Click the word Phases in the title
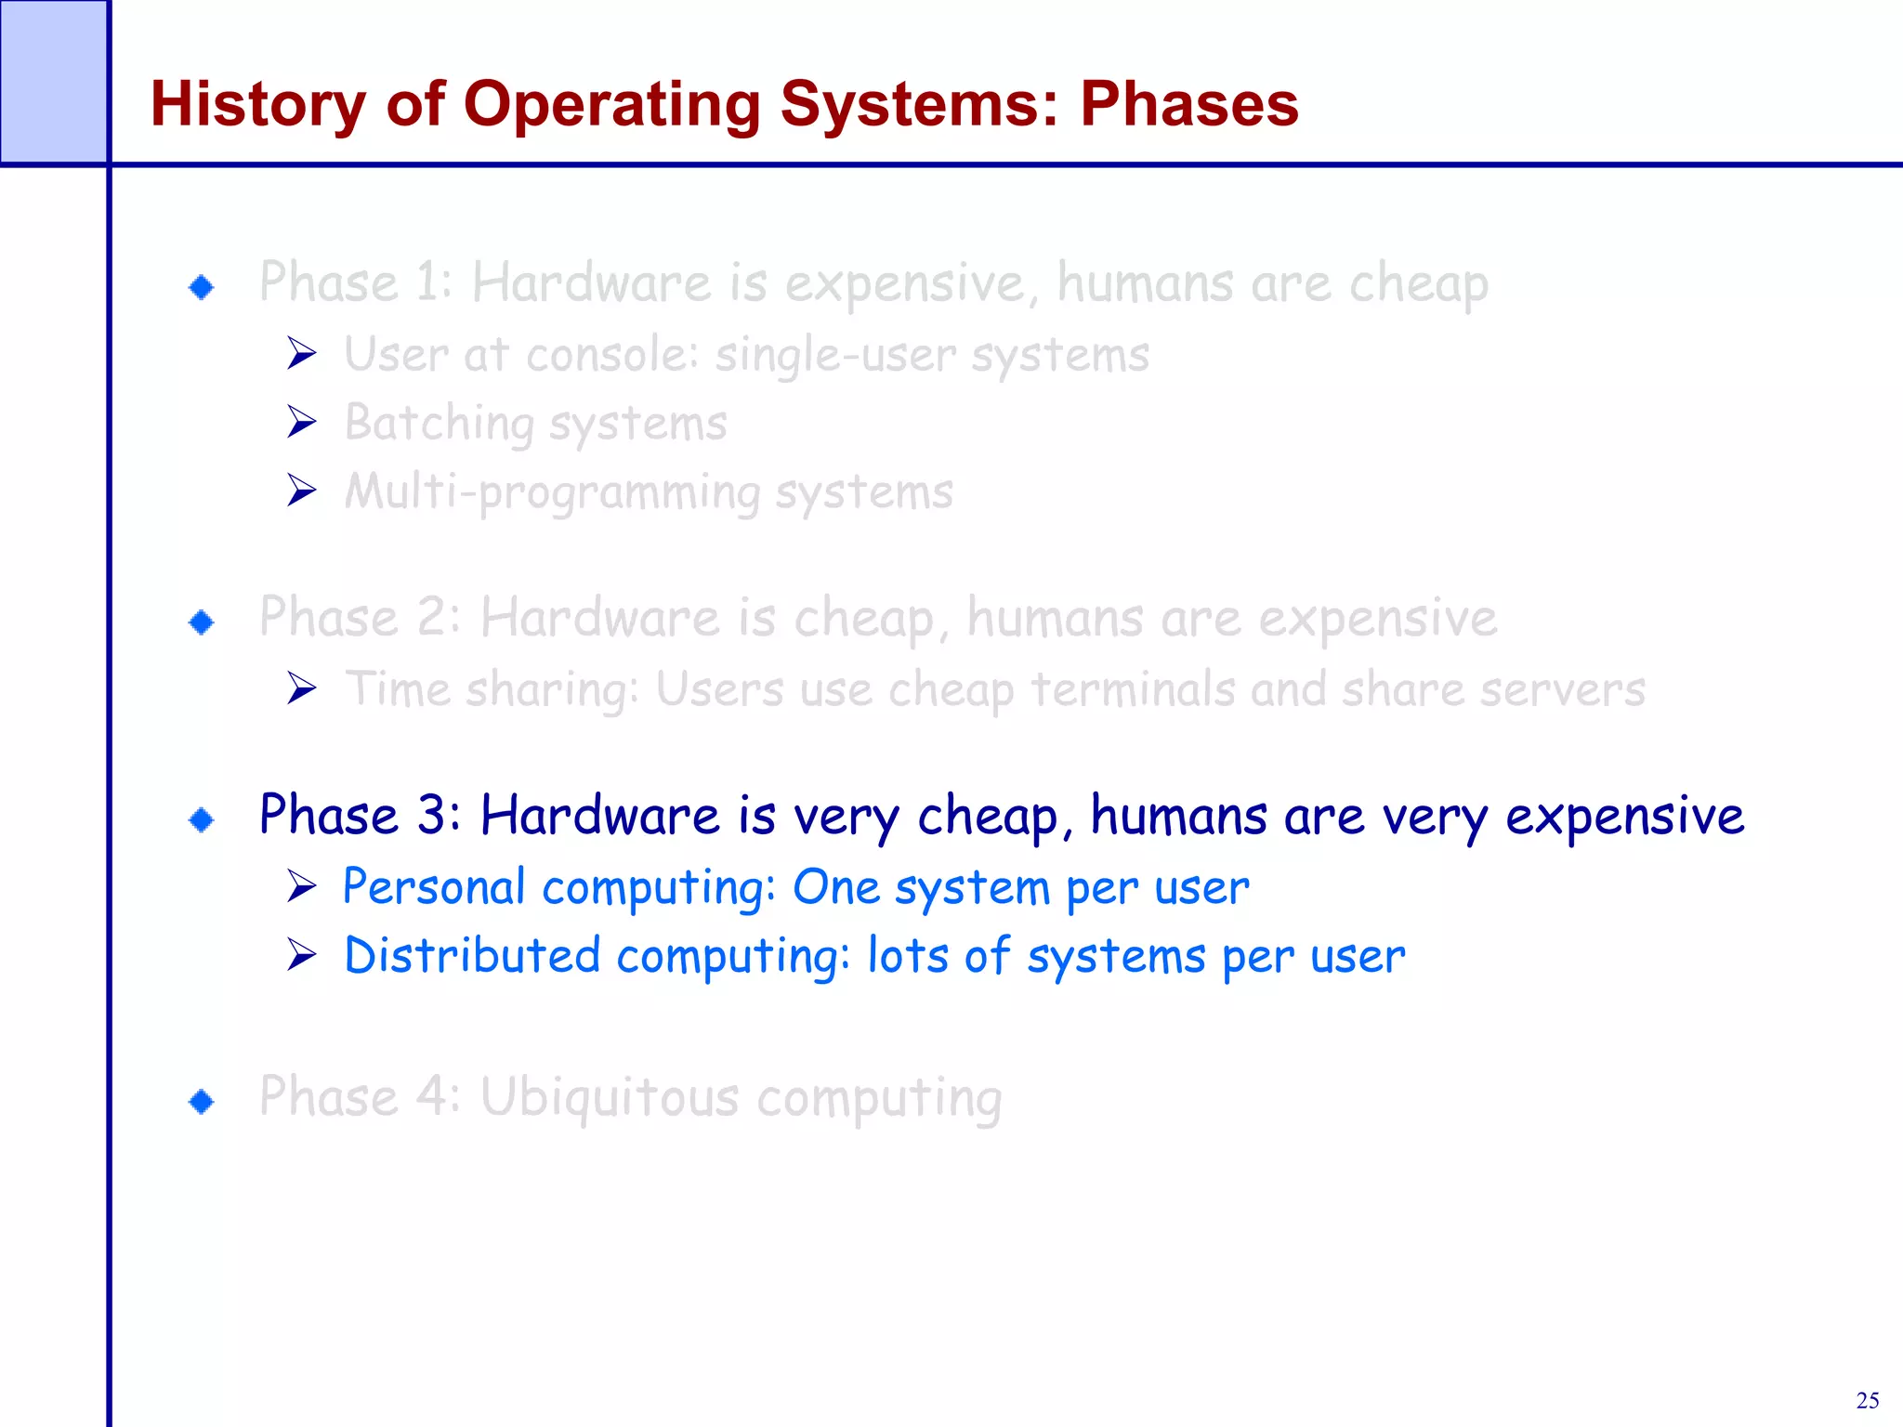(1188, 103)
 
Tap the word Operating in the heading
(611, 105)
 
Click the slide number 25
(1867, 1400)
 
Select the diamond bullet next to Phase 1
(202, 286)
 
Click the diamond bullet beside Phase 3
(202, 819)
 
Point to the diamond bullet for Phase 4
(202, 1102)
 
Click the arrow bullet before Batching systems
(302, 422)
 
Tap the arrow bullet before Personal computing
(302, 886)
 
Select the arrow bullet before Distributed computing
(302, 955)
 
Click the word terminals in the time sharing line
(1133, 689)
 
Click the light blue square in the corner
(53, 82)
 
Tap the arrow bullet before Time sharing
(302, 688)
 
